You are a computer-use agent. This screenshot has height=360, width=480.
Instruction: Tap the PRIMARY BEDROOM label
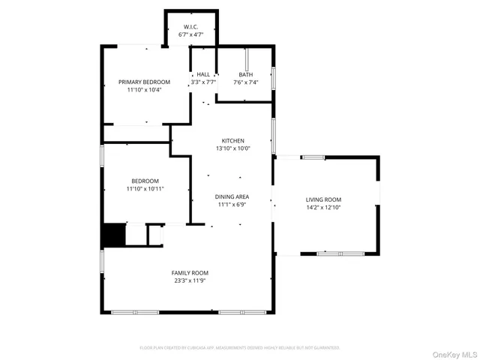[x=144, y=82]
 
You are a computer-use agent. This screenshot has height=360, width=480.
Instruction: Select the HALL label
[x=203, y=74]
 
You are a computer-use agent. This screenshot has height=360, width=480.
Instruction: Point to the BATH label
[x=246, y=74]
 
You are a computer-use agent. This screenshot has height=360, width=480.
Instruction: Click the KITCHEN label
[x=232, y=141]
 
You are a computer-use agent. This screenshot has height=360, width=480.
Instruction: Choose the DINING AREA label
[x=232, y=196]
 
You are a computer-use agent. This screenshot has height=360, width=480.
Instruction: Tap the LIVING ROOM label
[x=323, y=199]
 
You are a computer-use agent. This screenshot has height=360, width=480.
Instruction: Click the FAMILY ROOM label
[x=190, y=273]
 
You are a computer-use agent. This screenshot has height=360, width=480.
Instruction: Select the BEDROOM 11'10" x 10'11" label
[x=145, y=181]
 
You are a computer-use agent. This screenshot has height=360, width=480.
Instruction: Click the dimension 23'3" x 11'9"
[x=190, y=280]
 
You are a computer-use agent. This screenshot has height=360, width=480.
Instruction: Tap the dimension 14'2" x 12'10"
[x=323, y=207]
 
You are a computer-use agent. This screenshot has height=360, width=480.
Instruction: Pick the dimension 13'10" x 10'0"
[x=232, y=148]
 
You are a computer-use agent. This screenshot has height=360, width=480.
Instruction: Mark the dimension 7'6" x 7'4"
[x=246, y=82]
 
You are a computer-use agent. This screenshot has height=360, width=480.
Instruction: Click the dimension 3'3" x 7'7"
[x=203, y=82]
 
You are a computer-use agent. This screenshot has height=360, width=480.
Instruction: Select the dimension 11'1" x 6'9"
[x=232, y=204]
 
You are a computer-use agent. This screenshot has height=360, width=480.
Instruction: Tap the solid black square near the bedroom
[x=113, y=235]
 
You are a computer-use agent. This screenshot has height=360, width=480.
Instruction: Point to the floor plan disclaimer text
[x=240, y=348]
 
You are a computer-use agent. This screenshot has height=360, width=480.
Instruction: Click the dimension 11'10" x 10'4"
[x=144, y=89]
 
